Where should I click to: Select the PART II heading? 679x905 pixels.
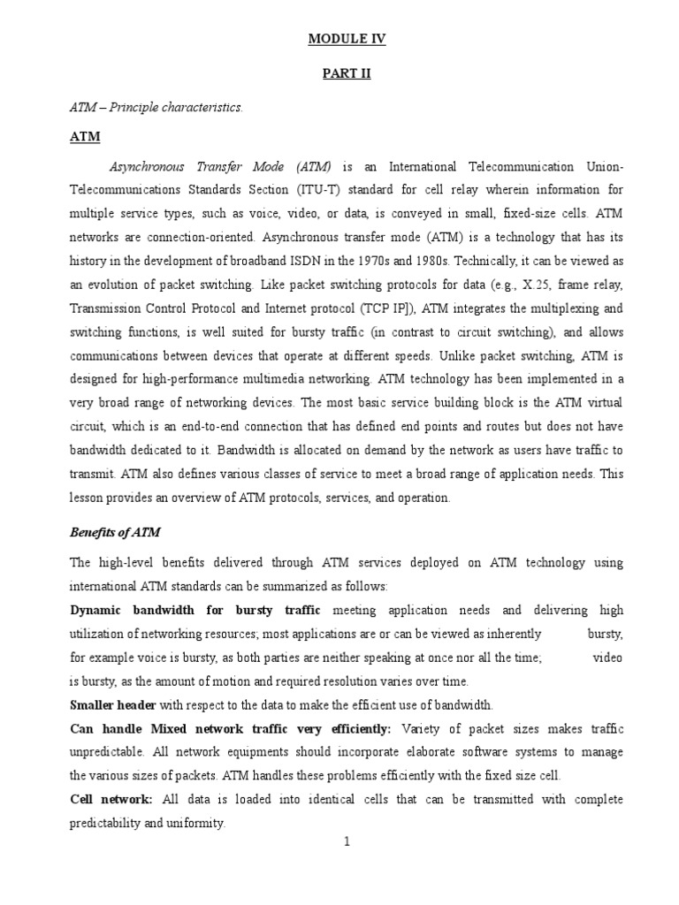tap(347, 73)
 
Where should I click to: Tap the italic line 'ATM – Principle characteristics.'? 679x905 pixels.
tap(156, 107)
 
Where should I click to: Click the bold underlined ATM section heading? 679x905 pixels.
tap(84, 137)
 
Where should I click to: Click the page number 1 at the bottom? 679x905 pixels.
tap(347, 841)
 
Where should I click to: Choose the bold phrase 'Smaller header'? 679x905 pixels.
tap(113, 704)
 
